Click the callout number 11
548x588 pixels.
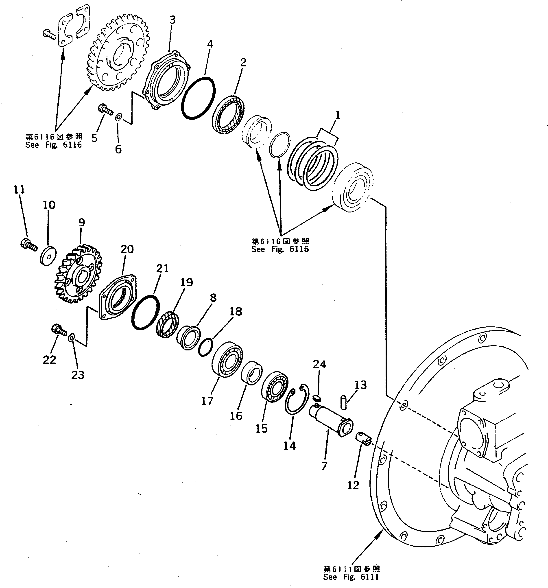[x=19, y=190]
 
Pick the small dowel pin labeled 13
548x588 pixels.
[x=343, y=402]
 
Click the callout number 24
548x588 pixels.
[x=319, y=364]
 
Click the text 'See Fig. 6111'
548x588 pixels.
[x=351, y=577]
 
